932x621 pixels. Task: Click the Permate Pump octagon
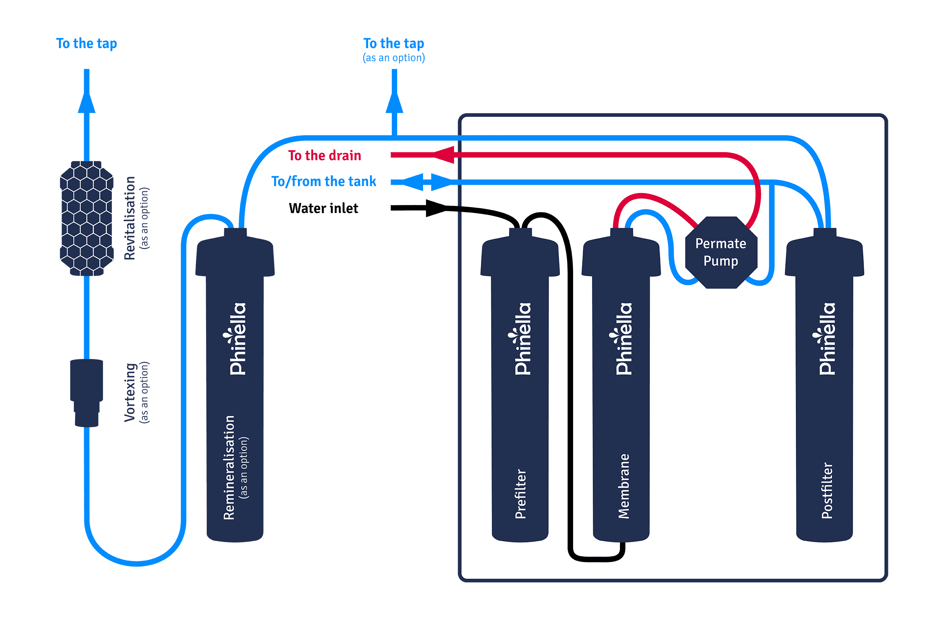click(x=721, y=252)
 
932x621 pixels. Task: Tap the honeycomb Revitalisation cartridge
click(x=86, y=218)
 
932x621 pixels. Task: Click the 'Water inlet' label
click(x=323, y=208)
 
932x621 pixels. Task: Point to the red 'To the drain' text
click(x=324, y=155)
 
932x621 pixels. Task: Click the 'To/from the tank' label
click(x=323, y=182)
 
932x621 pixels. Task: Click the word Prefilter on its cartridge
click(x=520, y=494)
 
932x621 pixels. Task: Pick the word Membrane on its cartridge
click(x=623, y=486)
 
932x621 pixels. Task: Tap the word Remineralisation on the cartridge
click(x=229, y=467)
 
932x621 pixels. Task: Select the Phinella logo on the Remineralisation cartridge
click(x=237, y=339)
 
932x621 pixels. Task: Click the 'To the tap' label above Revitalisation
click(x=86, y=43)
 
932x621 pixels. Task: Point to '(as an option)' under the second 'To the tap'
click(x=394, y=58)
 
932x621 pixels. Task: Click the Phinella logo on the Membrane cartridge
click(x=623, y=339)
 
